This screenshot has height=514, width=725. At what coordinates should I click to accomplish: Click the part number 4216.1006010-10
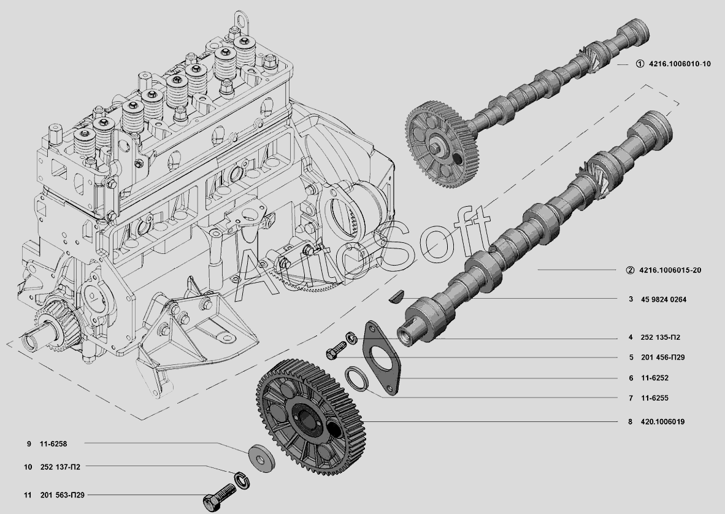point(680,64)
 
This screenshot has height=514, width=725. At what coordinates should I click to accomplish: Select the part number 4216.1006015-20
point(670,270)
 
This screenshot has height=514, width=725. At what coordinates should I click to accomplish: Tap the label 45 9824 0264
point(664,299)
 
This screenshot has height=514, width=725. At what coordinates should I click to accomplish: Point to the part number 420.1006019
point(662,421)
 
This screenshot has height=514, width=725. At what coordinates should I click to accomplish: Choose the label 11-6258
point(53,443)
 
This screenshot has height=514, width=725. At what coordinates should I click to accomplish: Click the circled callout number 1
point(640,64)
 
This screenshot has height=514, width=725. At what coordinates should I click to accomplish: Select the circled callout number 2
point(630,270)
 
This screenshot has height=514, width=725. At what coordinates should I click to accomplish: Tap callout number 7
point(631,398)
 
